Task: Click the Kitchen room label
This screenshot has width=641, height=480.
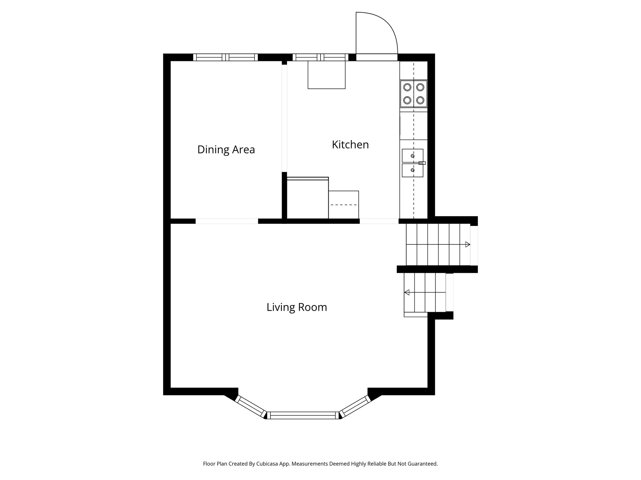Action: tap(350, 145)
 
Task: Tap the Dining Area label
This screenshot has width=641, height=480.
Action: tap(226, 150)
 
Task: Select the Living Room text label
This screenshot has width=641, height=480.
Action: tap(297, 307)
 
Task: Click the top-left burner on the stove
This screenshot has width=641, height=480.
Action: tap(407, 87)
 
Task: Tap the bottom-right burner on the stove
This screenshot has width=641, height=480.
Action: tap(420, 100)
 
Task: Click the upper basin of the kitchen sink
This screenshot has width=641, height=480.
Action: tap(413, 155)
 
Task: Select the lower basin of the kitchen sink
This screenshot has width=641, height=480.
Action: tap(413, 170)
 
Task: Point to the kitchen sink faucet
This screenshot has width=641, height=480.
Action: tap(422, 163)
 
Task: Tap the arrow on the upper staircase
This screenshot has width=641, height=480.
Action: tap(468, 244)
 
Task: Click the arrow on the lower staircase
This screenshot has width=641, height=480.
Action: tap(407, 292)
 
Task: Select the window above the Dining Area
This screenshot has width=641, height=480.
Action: tap(225, 57)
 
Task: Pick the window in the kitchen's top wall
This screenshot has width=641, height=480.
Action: tap(320, 57)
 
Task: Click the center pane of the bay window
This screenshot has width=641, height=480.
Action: tap(303, 415)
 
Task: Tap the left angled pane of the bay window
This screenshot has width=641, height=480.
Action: tap(250, 406)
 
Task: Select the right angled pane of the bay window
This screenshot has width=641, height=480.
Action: tap(356, 406)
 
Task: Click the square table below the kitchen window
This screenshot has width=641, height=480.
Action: tap(326, 75)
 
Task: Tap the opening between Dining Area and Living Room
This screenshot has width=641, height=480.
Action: tap(227, 221)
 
